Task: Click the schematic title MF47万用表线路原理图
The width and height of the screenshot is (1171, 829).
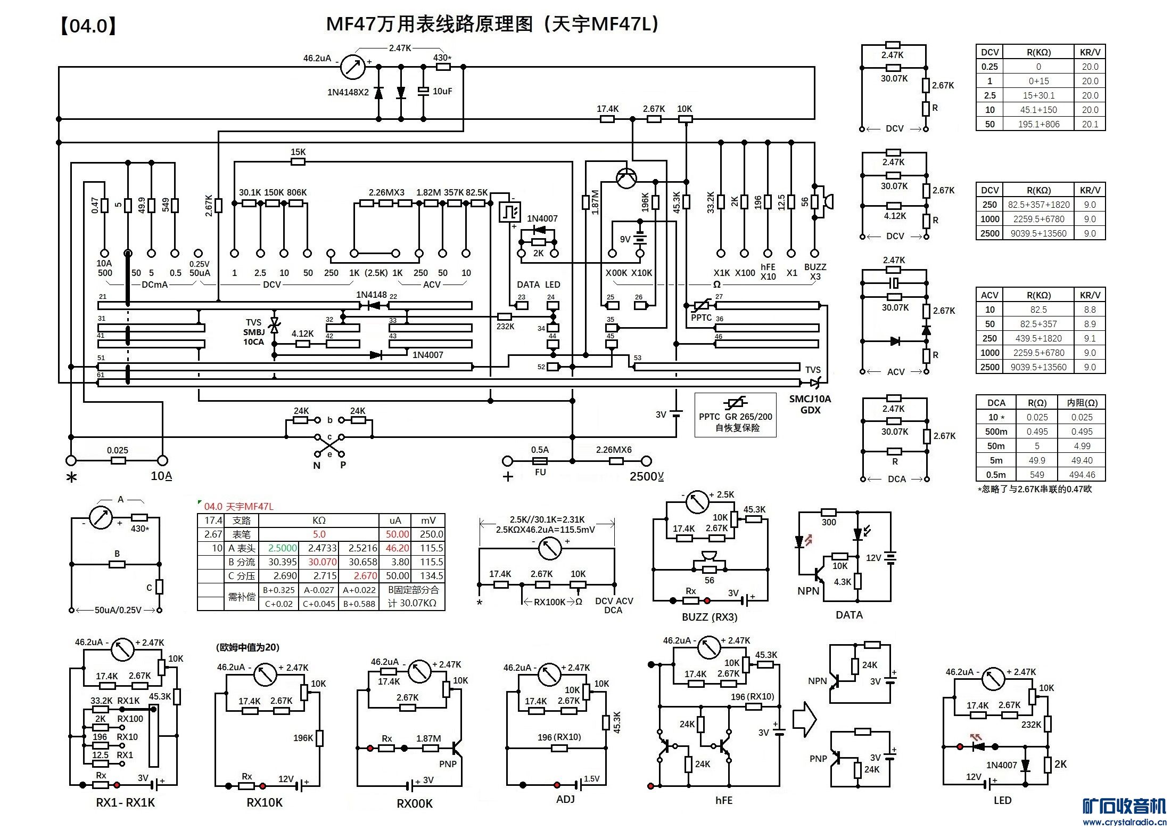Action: (x=428, y=25)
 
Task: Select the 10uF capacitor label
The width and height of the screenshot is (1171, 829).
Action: (x=442, y=91)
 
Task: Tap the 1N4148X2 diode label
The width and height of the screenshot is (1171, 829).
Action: (x=348, y=92)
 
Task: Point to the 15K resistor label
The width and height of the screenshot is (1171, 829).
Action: (x=298, y=152)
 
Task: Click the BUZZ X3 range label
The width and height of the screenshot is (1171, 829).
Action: (x=815, y=272)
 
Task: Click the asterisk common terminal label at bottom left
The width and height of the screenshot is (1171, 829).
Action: (x=71, y=477)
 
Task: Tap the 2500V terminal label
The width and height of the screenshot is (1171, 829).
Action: (x=646, y=476)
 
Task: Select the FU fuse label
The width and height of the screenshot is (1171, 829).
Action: (x=540, y=472)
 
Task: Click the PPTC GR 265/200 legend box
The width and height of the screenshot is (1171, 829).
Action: (x=735, y=415)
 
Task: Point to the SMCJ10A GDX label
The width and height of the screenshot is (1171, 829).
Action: (x=810, y=404)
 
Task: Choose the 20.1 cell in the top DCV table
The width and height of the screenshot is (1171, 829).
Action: (x=1090, y=124)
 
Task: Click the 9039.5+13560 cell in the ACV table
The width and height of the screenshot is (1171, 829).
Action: (x=1038, y=367)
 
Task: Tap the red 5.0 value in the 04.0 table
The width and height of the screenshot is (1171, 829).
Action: (x=319, y=534)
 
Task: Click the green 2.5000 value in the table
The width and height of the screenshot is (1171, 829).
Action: (x=282, y=548)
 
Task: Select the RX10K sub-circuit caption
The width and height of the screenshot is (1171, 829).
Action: (x=265, y=802)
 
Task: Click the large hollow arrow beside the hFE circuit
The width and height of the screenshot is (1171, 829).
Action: (x=804, y=719)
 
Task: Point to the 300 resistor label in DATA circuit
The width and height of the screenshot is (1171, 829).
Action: (x=829, y=522)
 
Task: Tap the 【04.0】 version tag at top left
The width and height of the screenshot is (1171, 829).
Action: (x=88, y=26)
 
